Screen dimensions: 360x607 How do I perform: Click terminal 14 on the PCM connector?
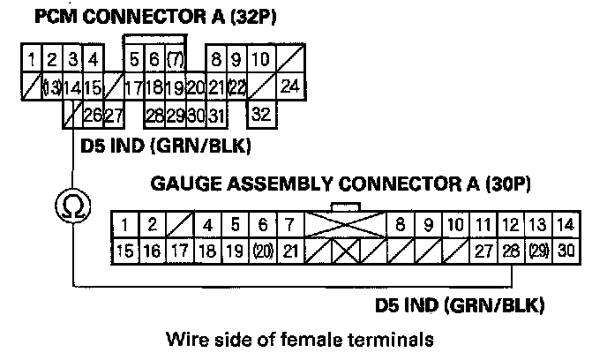click(x=72, y=87)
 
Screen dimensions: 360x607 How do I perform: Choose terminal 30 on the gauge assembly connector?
click(x=566, y=251)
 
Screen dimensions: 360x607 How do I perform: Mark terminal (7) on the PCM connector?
click(x=175, y=61)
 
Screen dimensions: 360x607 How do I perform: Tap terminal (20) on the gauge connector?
click(x=263, y=251)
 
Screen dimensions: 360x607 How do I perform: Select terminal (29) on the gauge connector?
click(x=539, y=251)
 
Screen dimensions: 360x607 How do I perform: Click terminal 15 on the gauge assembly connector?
click(x=125, y=251)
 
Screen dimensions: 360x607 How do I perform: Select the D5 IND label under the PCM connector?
click(x=164, y=145)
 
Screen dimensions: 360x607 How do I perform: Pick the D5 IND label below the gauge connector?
click(x=458, y=306)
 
